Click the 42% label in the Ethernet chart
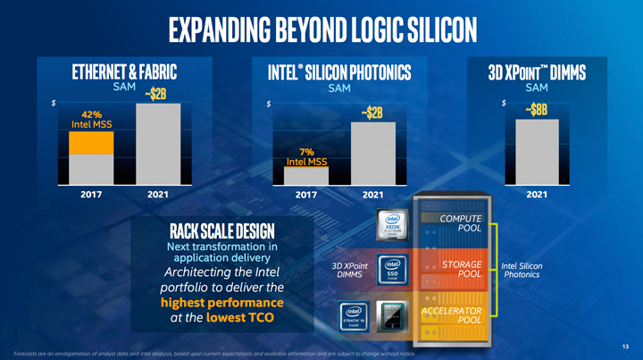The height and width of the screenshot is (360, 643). (x=90, y=114)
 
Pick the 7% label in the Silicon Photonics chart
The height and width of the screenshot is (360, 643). (x=305, y=151)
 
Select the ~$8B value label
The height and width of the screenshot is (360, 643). (x=537, y=110)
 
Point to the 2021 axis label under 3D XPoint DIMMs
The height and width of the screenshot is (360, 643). (x=537, y=194)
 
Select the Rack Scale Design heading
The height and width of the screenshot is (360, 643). (x=216, y=230)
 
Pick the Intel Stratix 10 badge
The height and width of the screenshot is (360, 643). (x=353, y=315)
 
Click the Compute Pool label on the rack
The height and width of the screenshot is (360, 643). (x=462, y=223)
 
